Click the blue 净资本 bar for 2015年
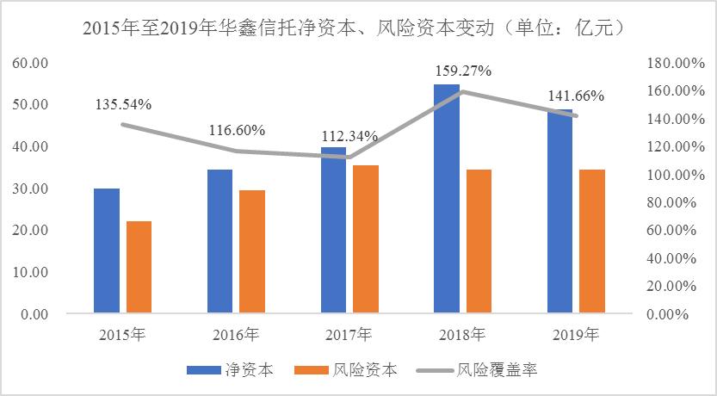coord(107,250)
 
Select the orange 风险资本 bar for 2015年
coord(139,266)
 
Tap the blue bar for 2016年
coord(219,240)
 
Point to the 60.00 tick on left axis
coord(31,64)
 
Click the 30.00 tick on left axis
coord(31,189)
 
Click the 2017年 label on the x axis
coord(349,334)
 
